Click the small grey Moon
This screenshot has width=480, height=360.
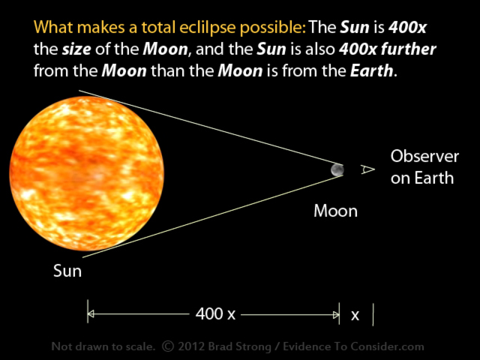(337, 170)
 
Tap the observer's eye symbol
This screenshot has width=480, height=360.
(367, 169)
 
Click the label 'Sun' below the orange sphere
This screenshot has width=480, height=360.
(67, 271)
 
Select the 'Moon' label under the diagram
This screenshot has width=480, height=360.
(335, 211)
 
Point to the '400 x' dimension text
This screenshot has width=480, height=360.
(215, 313)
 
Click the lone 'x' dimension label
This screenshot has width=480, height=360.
(355, 315)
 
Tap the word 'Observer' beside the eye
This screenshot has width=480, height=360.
(424, 156)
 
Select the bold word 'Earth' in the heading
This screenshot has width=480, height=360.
(372, 70)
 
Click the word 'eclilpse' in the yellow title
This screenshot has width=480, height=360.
(208, 28)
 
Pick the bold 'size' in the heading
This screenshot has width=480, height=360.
(76, 49)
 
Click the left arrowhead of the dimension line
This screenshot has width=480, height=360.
(91, 314)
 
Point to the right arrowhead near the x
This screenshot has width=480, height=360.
(336, 315)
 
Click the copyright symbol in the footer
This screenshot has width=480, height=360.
(168, 346)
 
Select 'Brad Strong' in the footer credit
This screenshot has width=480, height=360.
(240, 346)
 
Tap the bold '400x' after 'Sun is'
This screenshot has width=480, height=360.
(407, 28)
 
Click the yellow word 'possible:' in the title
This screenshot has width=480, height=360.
(273, 28)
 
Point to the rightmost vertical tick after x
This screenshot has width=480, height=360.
(373, 314)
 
